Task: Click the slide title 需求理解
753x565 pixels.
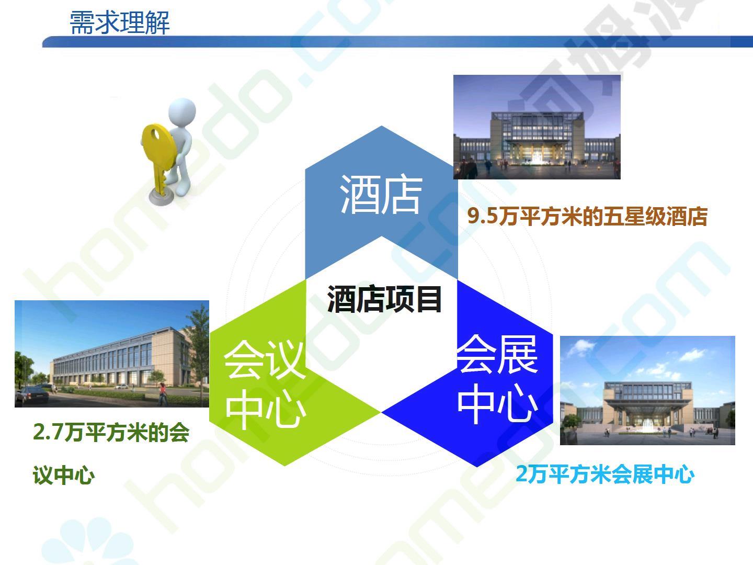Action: point(120,22)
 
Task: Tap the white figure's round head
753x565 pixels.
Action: point(182,111)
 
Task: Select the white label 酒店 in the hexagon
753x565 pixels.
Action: point(381,195)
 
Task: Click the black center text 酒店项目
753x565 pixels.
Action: point(384,299)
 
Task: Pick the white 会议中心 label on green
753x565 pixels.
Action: point(265,384)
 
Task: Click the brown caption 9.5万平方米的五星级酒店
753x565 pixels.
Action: point(587,217)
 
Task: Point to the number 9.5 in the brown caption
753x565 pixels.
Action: point(483,217)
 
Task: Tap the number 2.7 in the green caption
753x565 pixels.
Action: point(48,432)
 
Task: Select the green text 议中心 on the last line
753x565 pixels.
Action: point(64,476)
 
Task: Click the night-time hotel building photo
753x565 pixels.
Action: point(537,127)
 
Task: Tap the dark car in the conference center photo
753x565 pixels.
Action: point(32,394)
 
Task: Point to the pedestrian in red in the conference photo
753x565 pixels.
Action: point(163,394)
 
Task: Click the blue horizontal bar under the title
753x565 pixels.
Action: point(397,41)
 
